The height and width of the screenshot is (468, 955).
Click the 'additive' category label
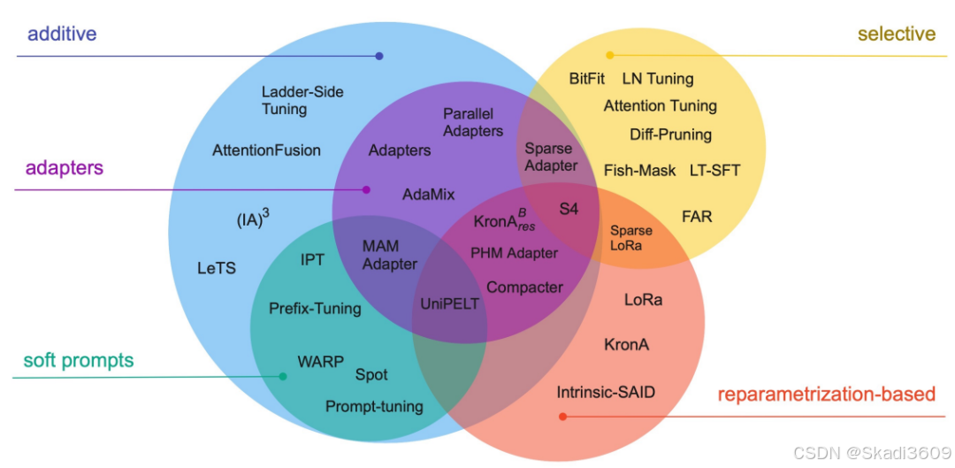(x=62, y=35)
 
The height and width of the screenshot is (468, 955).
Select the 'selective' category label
(x=896, y=35)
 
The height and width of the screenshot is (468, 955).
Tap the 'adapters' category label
(x=65, y=167)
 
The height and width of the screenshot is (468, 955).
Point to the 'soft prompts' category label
(x=79, y=360)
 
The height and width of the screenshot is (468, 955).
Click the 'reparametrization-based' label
(x=826, y=395)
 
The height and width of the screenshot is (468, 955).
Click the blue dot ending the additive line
(x=379, y=56)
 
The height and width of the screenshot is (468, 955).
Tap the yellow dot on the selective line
(x=609, y=55)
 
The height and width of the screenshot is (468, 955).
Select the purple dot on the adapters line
(x=367, y=189)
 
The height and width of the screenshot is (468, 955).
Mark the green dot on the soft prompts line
(x=283, y=377)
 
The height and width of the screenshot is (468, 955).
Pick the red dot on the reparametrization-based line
(x=563, y=415)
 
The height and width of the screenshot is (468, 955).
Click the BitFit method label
(x=587, y=79)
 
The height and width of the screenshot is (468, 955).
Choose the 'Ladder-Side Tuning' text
(x=302, y=100)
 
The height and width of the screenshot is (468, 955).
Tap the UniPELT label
(x=449, y=303)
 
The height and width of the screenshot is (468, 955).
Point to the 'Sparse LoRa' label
(x=631, y=238)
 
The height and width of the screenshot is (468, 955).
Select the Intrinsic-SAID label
(x=606, y=391)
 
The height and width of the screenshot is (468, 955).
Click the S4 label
(x=569, y=209)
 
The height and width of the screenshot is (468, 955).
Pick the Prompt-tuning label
(x=374, y=407)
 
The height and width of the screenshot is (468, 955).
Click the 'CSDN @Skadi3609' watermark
(x=872, y=452)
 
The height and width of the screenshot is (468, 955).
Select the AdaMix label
(x=428, y=194)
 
